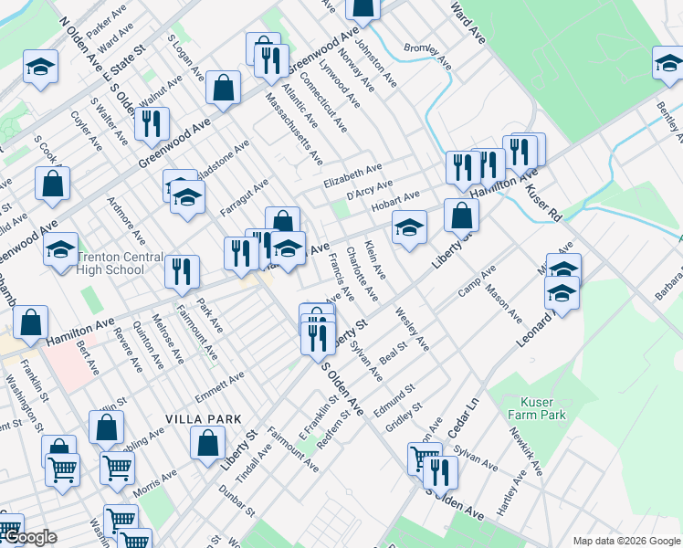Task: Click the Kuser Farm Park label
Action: (x=543, y=408)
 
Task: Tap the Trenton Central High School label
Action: (x=119, y=264)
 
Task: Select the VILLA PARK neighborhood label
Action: (x=203, y=418)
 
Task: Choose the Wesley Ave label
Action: (x=412, y=329)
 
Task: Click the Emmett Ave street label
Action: (x=224, y=378)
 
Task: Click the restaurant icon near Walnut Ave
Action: (x=152, y=123)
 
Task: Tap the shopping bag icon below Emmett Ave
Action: (x=208, y=443)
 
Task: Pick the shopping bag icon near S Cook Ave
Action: (x=53, y=184)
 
